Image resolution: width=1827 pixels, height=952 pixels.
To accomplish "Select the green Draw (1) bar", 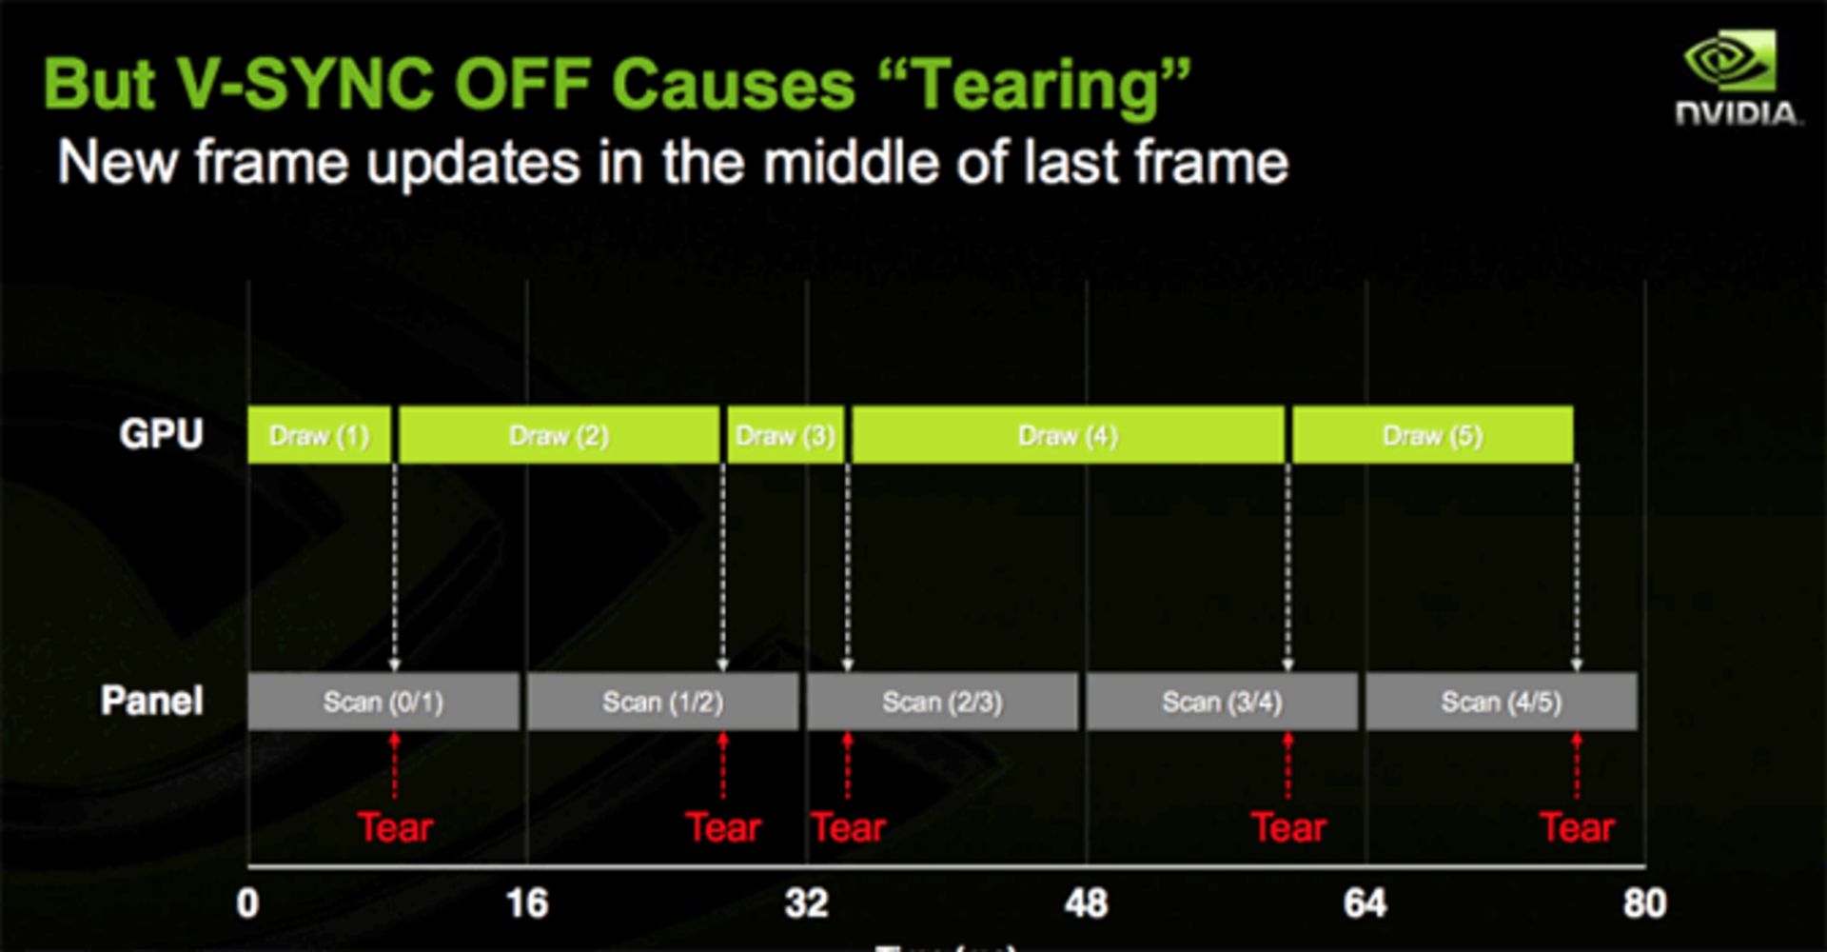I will click(319, 435).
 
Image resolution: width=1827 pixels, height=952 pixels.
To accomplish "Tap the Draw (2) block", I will click(559, 435).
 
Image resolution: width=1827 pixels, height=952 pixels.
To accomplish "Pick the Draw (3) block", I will click(785, 435).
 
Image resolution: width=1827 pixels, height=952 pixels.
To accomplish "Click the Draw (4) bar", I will click(1068, 435).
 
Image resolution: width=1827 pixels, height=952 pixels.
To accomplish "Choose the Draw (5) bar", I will click(1432, 435).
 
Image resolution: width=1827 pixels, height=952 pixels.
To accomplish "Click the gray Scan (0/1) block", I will click(383, 702).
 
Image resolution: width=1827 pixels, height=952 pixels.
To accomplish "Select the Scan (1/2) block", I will click(662, 702).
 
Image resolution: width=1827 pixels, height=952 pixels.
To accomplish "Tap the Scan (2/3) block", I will click(942, 702).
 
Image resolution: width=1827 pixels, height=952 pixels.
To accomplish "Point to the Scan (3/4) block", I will click(1222, 702).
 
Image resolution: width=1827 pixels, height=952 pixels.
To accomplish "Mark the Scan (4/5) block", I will click(1502, 702).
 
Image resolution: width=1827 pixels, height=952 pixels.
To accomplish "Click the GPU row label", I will click(161, 434).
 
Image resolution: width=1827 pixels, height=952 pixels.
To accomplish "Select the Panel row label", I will click(152, 701).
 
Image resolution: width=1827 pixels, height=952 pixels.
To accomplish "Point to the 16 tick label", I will click(527, 902).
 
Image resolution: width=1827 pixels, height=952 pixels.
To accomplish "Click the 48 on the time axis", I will click(1086, 902).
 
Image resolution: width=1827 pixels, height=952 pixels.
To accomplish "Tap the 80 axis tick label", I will click(1644, 902).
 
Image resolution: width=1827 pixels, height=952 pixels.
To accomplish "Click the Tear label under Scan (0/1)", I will click(395, 827).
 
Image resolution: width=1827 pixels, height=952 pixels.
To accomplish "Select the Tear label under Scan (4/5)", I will click(1577, 827).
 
